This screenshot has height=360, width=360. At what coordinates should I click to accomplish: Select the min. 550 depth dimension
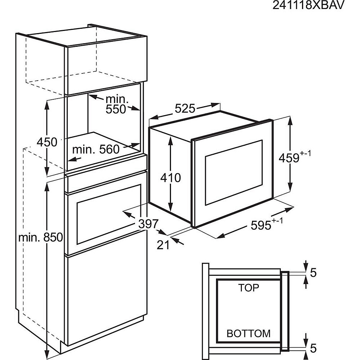(116, 104)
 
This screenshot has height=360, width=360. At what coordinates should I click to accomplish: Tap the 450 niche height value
(47, 142)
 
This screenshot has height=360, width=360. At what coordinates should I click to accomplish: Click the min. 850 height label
(41, 237)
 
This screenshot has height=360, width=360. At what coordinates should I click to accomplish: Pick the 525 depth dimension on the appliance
(185, 108)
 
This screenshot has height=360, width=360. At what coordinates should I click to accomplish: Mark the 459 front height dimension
(294, 157)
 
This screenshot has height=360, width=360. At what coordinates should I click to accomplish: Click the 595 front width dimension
(266, 225)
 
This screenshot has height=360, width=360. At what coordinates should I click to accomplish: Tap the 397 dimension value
(148, 224)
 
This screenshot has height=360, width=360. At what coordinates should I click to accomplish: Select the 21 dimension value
(163, 245)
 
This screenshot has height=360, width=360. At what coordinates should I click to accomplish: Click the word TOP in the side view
(248, 288)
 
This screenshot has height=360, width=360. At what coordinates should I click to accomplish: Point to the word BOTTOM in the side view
(248, 333)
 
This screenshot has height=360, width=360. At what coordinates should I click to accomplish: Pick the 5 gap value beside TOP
(313, 273)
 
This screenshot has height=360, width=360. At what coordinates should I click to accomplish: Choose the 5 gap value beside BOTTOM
(313, 348)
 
